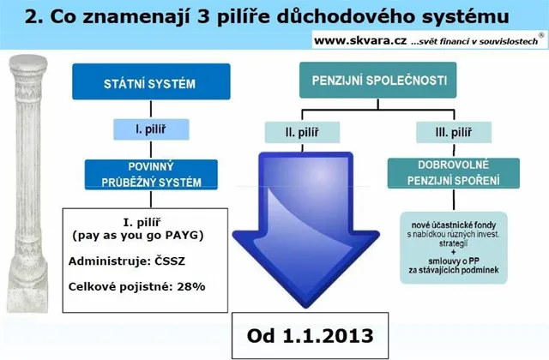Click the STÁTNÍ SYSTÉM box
(x=151, y=81)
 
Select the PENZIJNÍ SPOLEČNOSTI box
(x=377, y=80)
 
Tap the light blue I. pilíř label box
(x=151, y=129)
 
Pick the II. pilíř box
(x=302, y=132)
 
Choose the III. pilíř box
(x=454, y=132)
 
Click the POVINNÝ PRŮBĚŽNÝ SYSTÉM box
(x=151, y=175)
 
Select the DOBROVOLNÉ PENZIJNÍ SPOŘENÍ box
(x=454, y=173)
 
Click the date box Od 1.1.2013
(x=311, y=336)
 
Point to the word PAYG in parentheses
(x=183, y=235)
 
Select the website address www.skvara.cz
(x=360, y=41)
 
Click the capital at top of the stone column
(x=28, y=65)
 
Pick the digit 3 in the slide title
(x=203, y=16)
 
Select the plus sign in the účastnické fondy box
(x=454, y=252)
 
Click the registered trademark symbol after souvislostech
(x=541, y=35)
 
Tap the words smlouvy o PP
(x=454, y=261)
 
